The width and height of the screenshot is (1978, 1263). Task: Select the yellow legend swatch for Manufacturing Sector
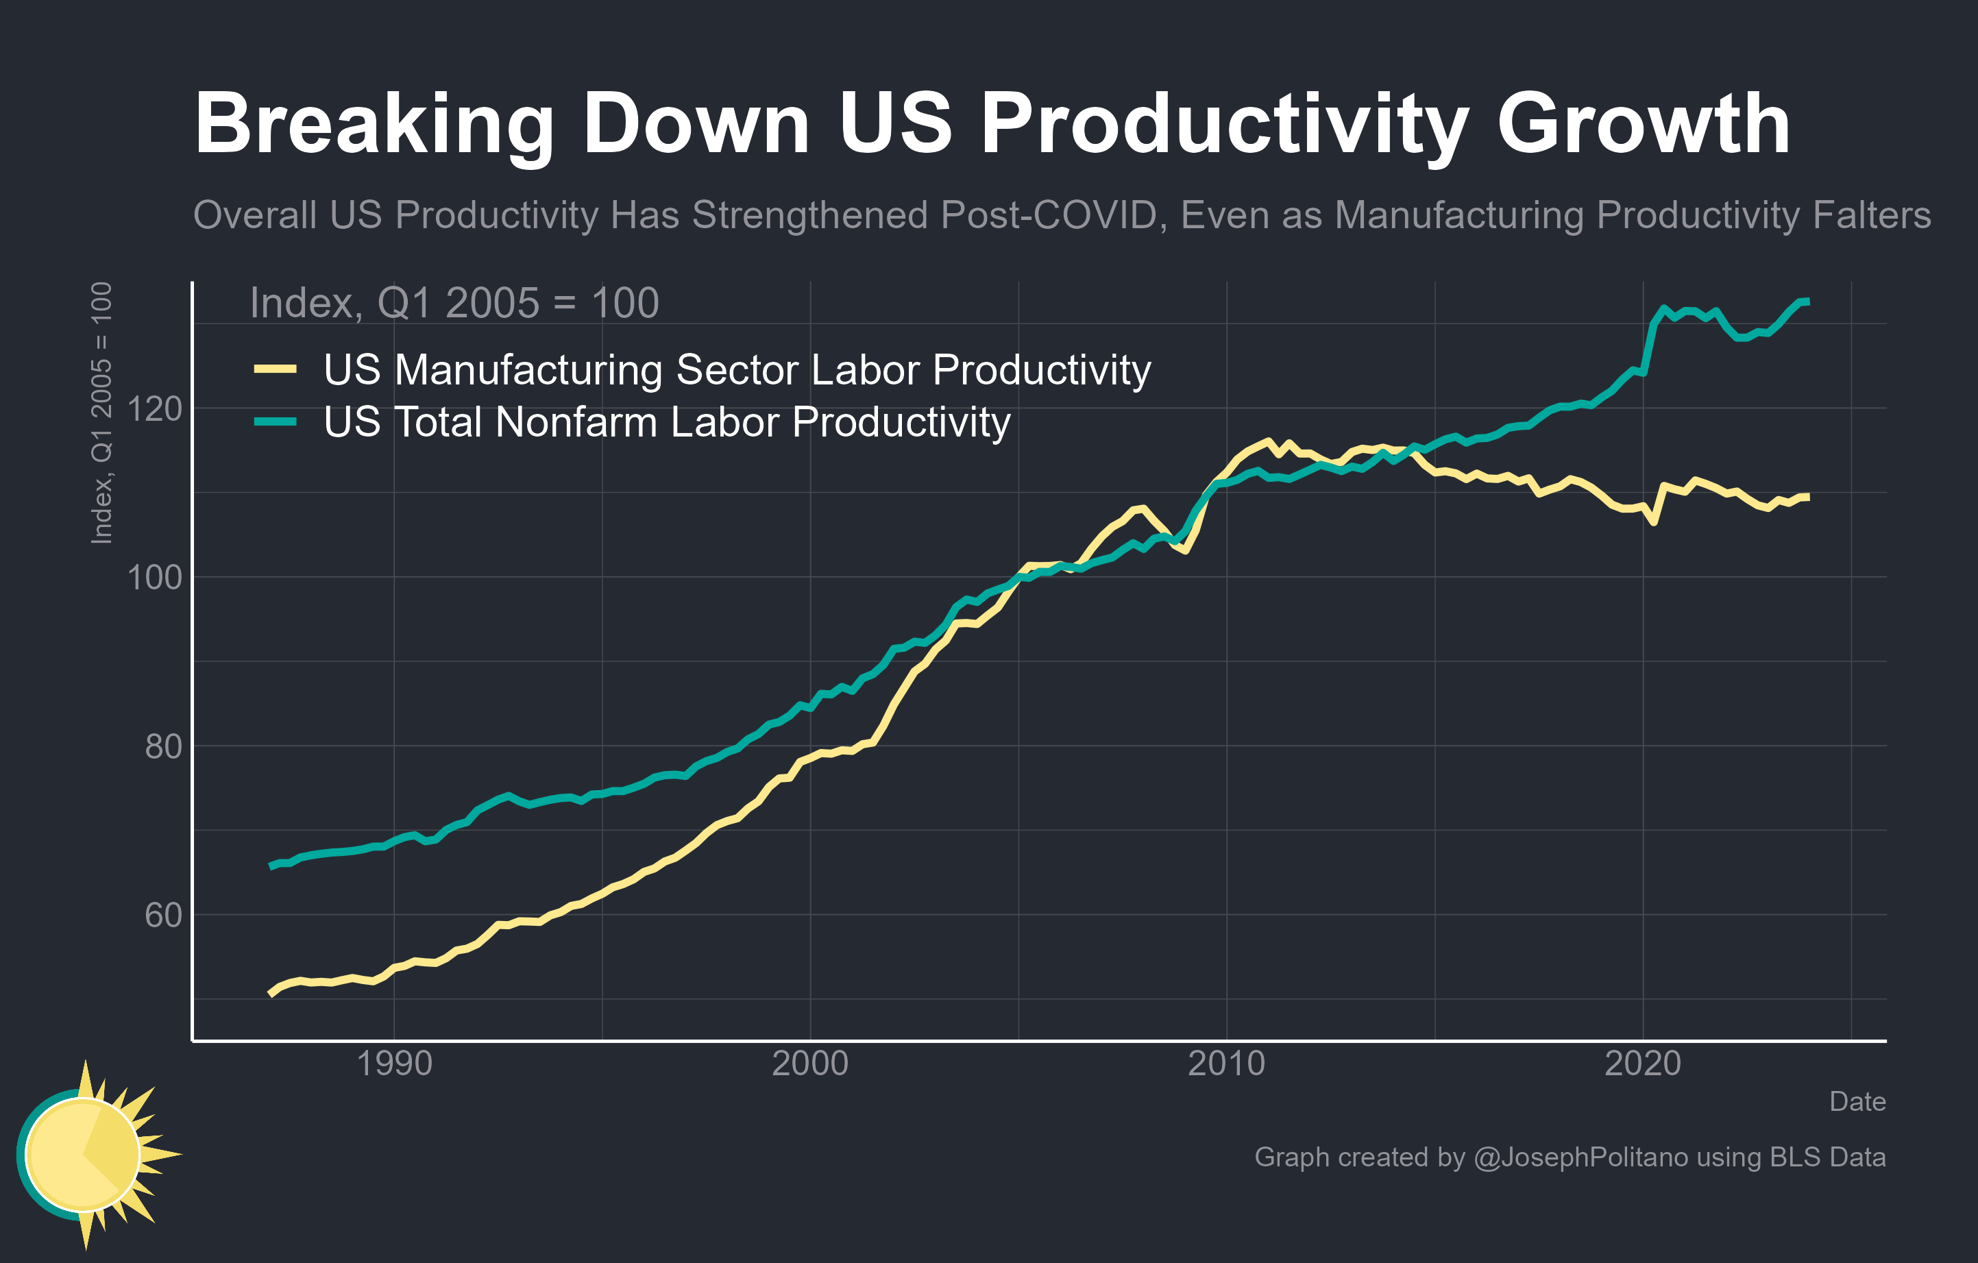275,369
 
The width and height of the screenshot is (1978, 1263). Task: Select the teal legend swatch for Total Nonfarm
275,422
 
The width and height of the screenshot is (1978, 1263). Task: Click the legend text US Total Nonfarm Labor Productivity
666,422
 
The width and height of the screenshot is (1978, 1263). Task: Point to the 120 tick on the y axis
154,408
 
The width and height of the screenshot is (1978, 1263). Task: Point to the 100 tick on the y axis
154,577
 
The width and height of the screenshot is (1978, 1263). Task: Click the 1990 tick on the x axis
394,1064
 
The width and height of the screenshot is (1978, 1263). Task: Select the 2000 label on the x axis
810,1064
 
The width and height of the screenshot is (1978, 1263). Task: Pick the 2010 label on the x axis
1226,1064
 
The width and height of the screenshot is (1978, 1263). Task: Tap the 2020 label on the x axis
1643,1064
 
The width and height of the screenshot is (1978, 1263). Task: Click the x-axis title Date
1857,1101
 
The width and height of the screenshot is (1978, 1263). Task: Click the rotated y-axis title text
101,413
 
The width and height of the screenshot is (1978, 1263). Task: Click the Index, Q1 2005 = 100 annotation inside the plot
454,303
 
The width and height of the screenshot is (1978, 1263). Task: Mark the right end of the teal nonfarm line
1807,302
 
